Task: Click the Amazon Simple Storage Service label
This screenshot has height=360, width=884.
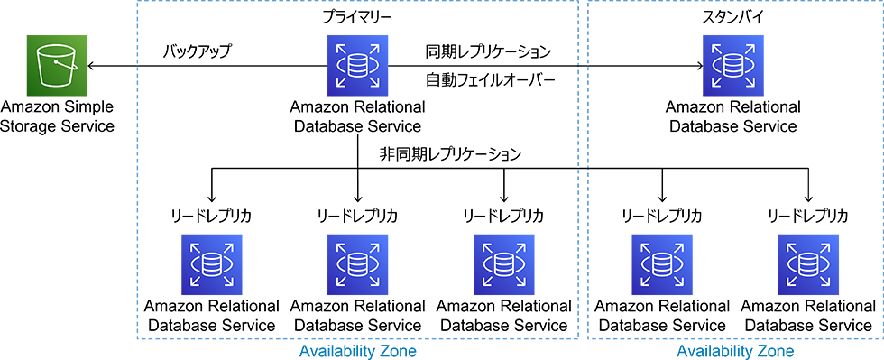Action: tap(58, 115)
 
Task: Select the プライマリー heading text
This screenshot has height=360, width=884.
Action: tap(357, 18)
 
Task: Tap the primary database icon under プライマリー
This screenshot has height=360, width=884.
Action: tap(358, 65)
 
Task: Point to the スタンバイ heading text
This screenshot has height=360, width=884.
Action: tap(732, 18)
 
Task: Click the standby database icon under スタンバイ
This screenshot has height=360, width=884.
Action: tap(732, 65)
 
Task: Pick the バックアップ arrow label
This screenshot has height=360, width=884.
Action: tap(197, 51)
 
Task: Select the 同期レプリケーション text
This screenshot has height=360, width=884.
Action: tap(487, 51)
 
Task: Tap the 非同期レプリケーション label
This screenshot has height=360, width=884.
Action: tap(451, 154)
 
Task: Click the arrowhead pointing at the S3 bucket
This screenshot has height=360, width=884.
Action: tap(91, 66)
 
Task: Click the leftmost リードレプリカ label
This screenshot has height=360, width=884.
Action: tap(211, 217)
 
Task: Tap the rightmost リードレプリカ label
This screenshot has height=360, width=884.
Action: tap(807, 217)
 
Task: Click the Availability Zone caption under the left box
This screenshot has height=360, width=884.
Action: tap(357, 350)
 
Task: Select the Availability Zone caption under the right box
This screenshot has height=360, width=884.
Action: tap(735, 350)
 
